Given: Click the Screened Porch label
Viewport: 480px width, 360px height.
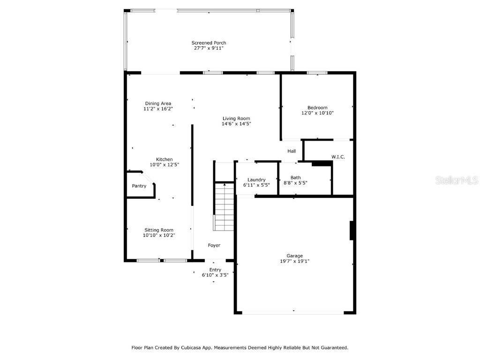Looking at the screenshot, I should (209, 43).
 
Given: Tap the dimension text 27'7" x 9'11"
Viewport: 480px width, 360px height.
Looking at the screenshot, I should (209, 48).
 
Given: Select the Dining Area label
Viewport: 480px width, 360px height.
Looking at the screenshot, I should (158, 104).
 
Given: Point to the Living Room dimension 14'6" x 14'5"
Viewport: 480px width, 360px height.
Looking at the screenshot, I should (236, 124).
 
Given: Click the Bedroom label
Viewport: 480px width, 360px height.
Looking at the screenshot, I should (317, 108).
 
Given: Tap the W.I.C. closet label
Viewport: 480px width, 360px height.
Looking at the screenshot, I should (338, 157).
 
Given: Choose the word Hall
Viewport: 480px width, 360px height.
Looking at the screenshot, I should (292, 151).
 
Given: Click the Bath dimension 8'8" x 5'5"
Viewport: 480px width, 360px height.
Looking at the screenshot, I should (295, 183).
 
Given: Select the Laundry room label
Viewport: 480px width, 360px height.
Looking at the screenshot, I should (256, 180).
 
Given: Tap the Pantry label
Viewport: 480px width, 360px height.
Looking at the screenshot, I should (139, 186).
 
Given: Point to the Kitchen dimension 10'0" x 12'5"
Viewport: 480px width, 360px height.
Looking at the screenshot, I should (165, 165).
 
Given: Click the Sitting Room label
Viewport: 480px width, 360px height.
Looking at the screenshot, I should (159, 230).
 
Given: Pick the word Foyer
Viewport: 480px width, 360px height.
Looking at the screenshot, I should (214, 245).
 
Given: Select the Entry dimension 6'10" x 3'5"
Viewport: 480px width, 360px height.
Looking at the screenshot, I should (215, 275).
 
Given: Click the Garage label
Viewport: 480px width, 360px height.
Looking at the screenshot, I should (295, 256).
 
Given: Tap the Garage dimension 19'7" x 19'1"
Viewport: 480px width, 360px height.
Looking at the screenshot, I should (295, 261).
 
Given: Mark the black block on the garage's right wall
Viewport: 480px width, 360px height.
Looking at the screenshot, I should (352, 231).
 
